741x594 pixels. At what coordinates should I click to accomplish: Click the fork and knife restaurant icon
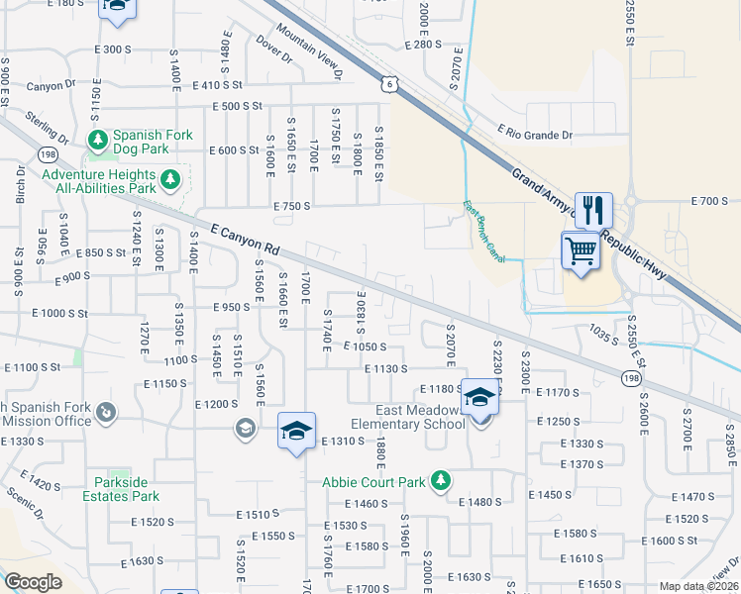pos(593,209)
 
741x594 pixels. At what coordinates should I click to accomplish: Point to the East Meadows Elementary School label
pos(420,417)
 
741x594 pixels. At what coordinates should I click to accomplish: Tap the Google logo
pos(33,581)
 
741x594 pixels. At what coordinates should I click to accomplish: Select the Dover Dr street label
pos(274,50)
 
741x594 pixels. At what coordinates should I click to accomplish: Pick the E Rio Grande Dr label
pos(534,135)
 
